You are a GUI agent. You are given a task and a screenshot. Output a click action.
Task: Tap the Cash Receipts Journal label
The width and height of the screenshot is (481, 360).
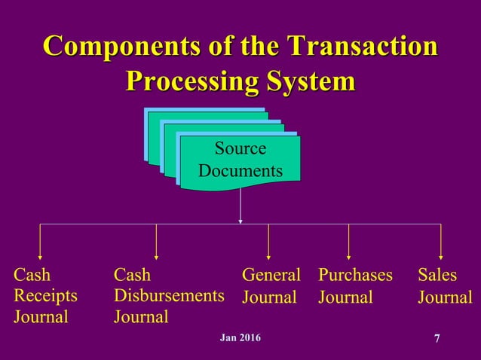[45, 295]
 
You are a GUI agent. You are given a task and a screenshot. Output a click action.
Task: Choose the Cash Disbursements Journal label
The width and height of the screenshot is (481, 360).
[168, 295]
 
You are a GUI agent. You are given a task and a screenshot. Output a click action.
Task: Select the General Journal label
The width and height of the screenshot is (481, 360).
[271, 286]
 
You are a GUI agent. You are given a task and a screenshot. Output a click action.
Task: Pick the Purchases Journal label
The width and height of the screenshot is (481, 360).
[356, 286]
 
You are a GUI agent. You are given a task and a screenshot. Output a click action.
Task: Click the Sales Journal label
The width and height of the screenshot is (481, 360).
[445, 286]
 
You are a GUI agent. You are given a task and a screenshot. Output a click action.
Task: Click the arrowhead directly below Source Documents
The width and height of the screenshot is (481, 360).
[240, 220]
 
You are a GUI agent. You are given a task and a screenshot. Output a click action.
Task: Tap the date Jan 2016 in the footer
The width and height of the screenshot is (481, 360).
[240, 337]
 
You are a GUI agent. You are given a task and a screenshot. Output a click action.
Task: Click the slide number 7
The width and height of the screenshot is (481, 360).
[437, 338]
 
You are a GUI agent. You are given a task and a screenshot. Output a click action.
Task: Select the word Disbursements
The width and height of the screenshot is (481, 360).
[168, 295]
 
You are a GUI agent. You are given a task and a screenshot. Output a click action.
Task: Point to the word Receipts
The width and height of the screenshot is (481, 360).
[45, 295]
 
